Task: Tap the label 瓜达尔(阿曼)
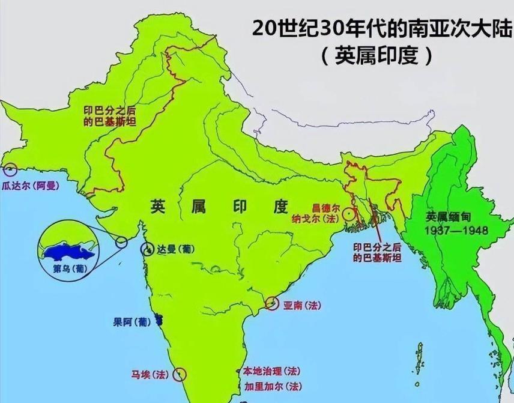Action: pyautogui.click(x=31, y=186)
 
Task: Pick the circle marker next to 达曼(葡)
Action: pyautogui.click(x=147, y=249)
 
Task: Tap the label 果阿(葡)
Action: pyautogui.click(x=132, y=321)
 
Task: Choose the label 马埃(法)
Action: pyautogui.click(x=151, y=374)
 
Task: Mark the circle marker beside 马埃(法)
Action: pyautogui.click(x=179, y=375)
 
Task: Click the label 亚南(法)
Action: pyautogui.click(x=302, y=305)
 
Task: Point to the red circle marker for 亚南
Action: pyautogui.click(x=273, y=304)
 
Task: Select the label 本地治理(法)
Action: pyautogui.click(x=268, y=371)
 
